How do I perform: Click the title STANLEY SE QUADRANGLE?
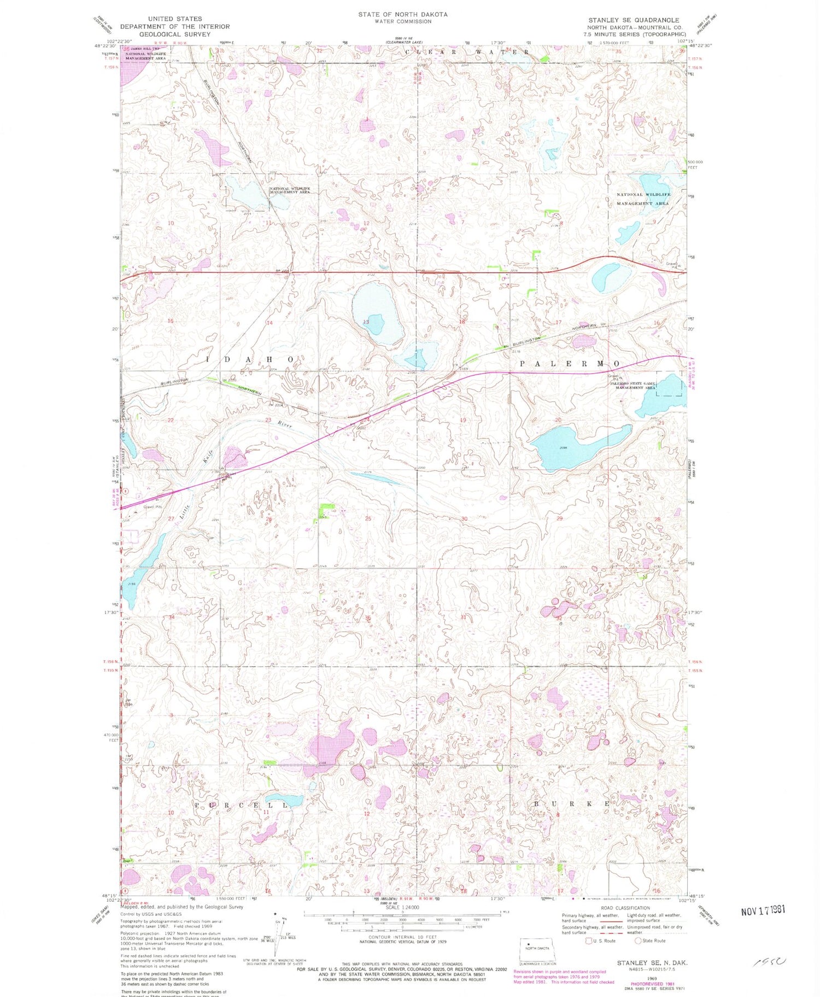tap(634, 20)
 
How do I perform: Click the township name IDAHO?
tap(251, 359)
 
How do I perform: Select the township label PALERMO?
tap(570, 364)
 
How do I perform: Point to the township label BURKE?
tap(571, 804)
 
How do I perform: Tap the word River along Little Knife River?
tap(284, 424)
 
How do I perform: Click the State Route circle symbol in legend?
tap(637, 941)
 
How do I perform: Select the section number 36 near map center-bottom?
tap(368, 618)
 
